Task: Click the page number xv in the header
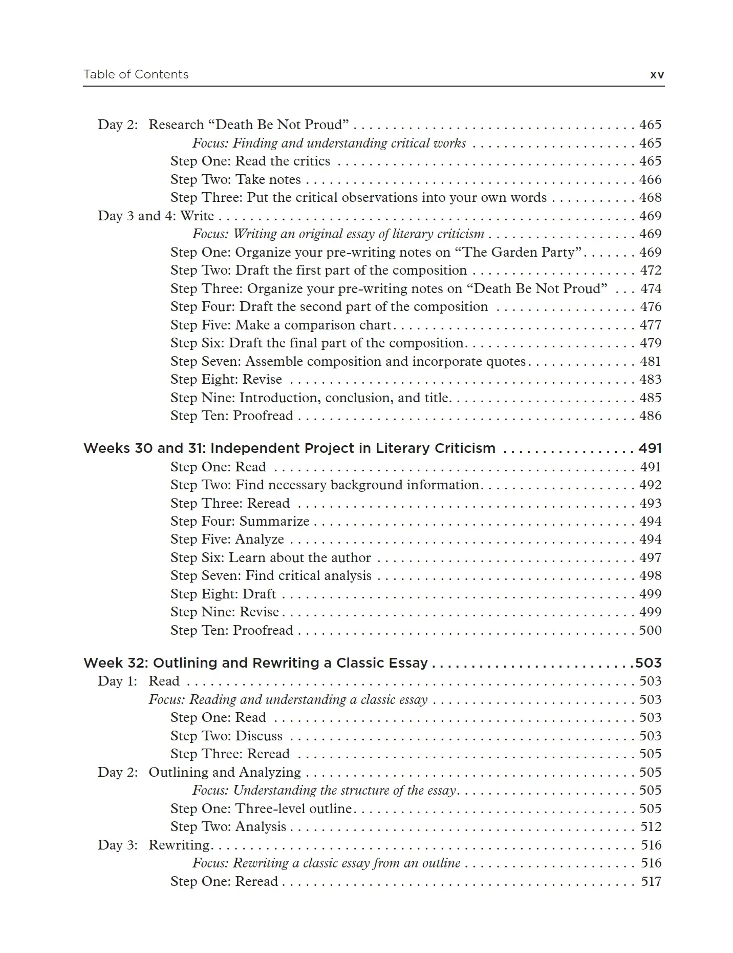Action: coord(657,75)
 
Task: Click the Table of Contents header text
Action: coord(136,75)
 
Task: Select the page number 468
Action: coord(650,198)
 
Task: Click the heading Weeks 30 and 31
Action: coord(289,448)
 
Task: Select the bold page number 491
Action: coord(650,448)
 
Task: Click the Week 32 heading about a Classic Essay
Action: coord(255,663)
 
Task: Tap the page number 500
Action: coord(650,630)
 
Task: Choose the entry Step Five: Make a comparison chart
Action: coord(281,325)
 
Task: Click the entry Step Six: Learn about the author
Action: coord(271,557)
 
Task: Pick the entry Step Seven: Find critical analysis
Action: coord(271,576)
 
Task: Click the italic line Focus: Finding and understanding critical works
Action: coord(329,143)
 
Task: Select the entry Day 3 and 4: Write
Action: coord(156,216)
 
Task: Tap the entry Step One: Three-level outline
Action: coord(261,809)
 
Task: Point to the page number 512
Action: coord(651,826)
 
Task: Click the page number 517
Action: coord(651,881)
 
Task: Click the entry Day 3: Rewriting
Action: coord(154,845)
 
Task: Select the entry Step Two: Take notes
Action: coord(235,180)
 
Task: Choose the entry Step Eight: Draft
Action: coord(223,594)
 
